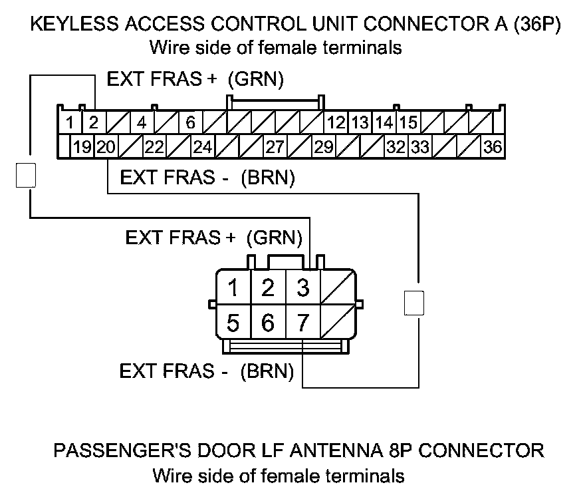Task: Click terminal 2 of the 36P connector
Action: [x=94, y=123]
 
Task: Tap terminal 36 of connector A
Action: [x=493, y=147]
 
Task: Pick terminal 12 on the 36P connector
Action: [x=337, y=123]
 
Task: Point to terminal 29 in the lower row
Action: [x=324, y=147]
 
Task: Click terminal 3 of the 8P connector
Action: [x=303, y=288]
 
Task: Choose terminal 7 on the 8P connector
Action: [x=303, y=323]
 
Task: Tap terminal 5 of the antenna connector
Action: [x=233, y=323]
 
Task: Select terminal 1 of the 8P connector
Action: [x=233, y=288]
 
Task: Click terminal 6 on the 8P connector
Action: [x=268, y=323]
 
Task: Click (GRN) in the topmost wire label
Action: [x=256, y=79]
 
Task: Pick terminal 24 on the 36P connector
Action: [x=203, y=147]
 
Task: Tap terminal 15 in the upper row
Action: [x=409, y=123]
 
